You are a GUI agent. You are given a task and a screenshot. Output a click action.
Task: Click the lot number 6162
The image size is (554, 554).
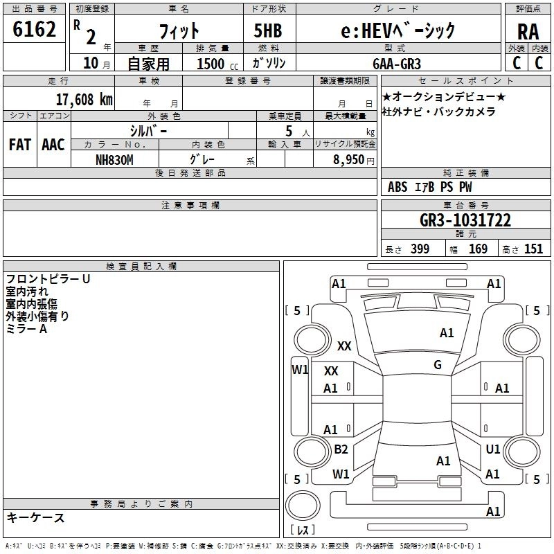point(34,29)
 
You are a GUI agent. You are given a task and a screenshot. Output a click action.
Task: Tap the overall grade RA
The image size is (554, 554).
point(528,32)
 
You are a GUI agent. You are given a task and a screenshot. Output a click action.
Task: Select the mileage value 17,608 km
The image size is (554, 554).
point(84,99)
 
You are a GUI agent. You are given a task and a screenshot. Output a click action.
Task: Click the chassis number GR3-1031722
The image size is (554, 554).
point(465,220)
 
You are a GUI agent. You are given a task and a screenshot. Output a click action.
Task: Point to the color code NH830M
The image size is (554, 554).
point(114,160)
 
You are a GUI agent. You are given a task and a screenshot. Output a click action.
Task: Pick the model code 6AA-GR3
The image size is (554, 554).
point(397,64)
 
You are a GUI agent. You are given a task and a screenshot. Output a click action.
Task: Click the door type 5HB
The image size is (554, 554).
point(268,30)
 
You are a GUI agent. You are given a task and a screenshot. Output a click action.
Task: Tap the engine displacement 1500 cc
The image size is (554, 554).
point(217,64)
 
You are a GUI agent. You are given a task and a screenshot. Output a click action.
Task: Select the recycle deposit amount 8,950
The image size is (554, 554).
point(349,160)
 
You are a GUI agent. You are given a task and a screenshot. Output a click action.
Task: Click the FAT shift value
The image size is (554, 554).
point(20,145)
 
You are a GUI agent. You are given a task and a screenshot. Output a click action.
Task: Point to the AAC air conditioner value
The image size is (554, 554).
point(53,145)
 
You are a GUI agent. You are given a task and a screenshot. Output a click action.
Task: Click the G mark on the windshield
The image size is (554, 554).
point(438,364)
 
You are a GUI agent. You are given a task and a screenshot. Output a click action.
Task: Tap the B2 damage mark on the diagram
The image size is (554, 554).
point(341,449)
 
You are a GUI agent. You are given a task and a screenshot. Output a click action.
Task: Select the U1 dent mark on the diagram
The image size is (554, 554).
point(493,449)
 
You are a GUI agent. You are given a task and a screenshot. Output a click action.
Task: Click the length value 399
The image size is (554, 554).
point(420,249)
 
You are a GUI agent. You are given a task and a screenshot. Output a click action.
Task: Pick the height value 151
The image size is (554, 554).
point(533,249)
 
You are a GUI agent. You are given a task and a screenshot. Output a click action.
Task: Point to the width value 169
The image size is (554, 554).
point(478,249)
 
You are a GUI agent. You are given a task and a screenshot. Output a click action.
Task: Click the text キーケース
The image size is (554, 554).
point(36,517)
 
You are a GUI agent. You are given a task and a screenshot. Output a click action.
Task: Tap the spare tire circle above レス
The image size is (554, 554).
point(303,506)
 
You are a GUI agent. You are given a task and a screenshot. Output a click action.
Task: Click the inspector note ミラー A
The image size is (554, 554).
point(26,329)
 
